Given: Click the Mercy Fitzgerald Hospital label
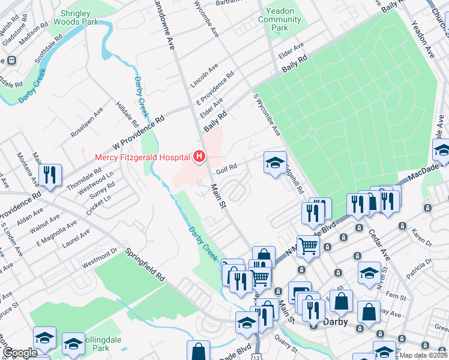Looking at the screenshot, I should pos(142,158).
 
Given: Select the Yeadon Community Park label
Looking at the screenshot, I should pos(279,20).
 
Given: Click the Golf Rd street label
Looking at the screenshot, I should pos(227,170).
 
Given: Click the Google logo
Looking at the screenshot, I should pos(19,352).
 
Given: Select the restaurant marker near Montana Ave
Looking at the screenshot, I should pos(49,175).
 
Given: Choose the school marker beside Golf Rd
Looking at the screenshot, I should pos(275,163).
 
